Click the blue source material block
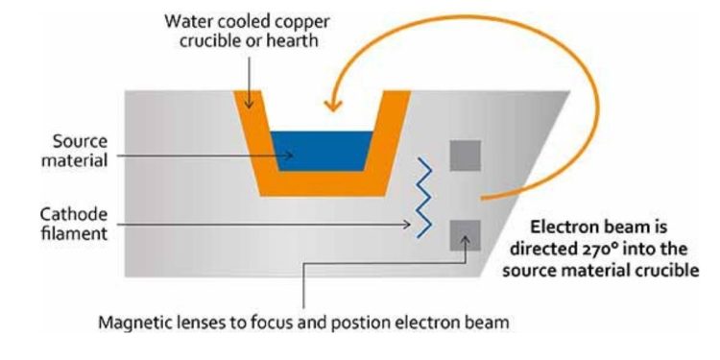pos(321,151)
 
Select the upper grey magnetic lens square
pos(466,156)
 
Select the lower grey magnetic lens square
pos(466,233)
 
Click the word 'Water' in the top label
pos(187,20)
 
